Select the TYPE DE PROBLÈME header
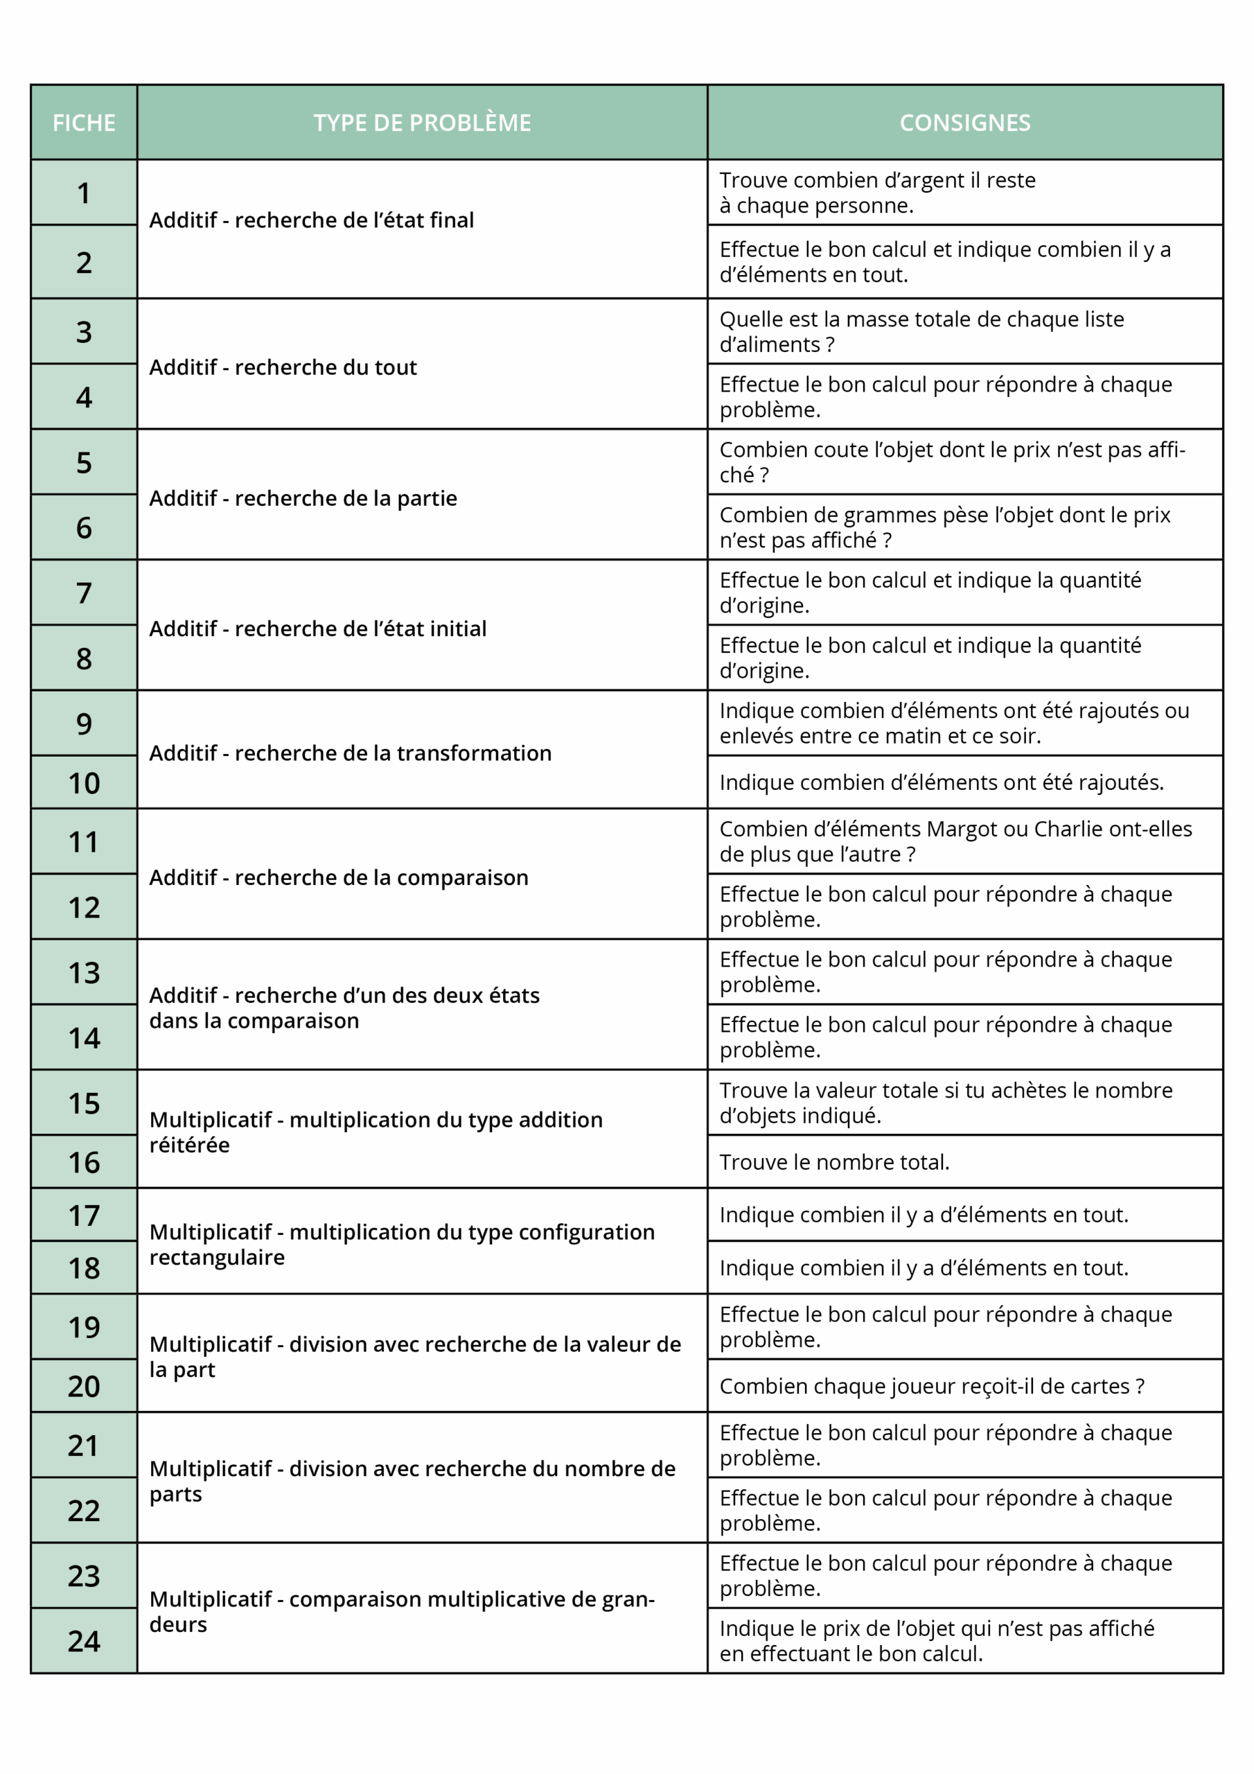422,123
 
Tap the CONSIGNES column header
964,123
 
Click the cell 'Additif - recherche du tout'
283,367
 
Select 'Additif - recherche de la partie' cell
303,498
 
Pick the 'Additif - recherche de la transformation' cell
350,753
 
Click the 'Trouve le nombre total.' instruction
834,1162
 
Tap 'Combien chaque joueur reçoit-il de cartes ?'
932,1386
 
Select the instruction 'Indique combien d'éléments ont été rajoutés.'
941,782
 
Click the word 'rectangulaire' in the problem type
217,1257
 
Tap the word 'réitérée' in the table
189,1145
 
